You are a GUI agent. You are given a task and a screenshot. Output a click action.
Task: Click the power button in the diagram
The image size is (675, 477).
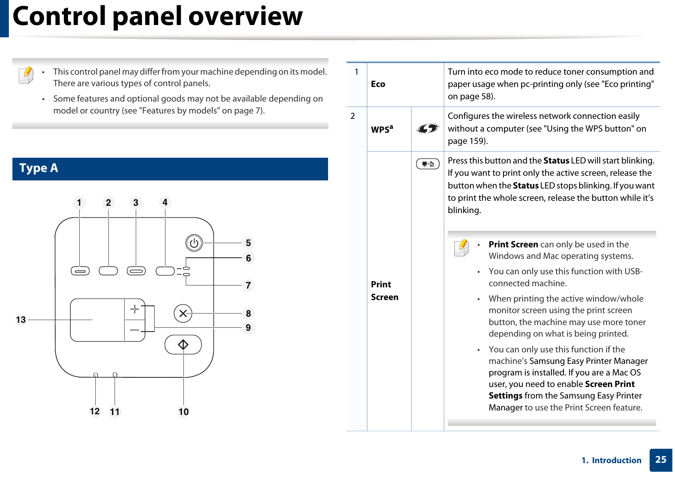pyautogui.click(x=194, y=243)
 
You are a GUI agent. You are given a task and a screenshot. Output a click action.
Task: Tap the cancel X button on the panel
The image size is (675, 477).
pyautogui.click(x=183, y=314)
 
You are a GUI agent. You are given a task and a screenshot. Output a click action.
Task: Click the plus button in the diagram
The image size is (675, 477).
pyautogui.click(x=135, y=309)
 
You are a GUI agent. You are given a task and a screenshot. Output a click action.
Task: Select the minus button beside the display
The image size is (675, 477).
pyautogui.click(x=135, y=330)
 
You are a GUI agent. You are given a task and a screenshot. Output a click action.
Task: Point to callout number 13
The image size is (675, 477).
pyautogui.click(x=21, y=320)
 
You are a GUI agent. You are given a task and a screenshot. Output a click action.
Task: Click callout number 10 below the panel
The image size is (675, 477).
pyautogui.click(x=183, y=412)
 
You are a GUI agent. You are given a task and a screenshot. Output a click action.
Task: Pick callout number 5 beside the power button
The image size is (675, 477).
pyautogui.click(x=248, y=243)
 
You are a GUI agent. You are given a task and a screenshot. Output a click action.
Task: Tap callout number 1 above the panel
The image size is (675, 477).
pyautogui.click(x=79, y=203)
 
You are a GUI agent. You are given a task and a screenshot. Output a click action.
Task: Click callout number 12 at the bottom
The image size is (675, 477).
pyautogui.click(x=95, y=412)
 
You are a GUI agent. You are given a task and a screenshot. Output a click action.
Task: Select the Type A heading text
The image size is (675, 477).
pyautogui.click(x=39, y=168)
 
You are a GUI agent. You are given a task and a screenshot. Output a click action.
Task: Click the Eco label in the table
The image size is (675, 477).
pyautogui.click(x=378, y=84)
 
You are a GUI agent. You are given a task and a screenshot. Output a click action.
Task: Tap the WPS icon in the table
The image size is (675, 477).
pyautogui.click(x=427, y=128)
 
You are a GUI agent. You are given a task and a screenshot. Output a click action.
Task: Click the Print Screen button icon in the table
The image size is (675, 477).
pyautogui.click(x=427, y=164)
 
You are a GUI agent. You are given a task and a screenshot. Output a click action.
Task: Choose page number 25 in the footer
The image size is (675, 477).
pyautogui.click(x=660, y=460)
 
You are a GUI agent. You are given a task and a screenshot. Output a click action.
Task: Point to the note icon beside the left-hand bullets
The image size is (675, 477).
pyautogui.click(x=26, y=75)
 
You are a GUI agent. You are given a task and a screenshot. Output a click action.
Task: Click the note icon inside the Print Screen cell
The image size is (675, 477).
pyautogui.click(x=461, y=248)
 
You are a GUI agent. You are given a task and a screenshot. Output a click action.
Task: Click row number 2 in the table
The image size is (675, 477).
pyautogui.click(x=353, y=116)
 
